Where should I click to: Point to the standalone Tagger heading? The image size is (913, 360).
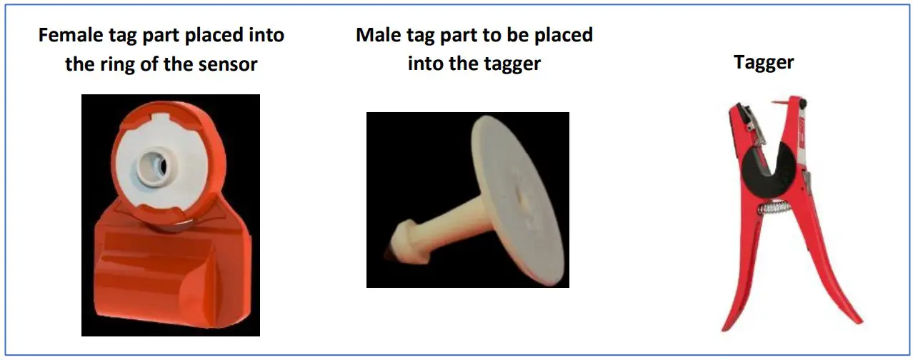(x=763, y=62)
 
